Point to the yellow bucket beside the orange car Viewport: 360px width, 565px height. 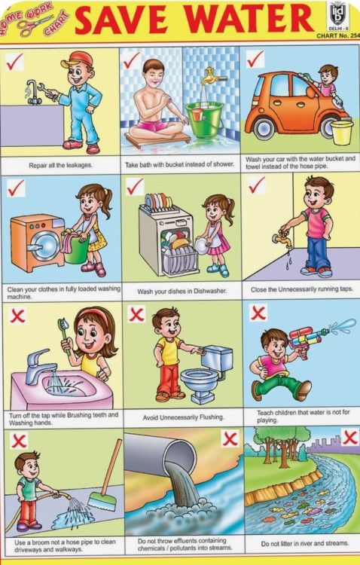[x=342, y=133]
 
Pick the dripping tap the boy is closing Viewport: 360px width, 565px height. [x=282, y=240]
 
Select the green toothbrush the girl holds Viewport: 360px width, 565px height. [x=64, y=336]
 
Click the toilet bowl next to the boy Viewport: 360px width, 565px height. [x=200, y=382]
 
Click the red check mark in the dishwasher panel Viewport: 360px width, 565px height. [x=134, y=187]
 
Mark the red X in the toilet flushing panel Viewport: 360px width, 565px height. [x=136, y=315]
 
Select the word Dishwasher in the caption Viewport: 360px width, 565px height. [x=210, y=291]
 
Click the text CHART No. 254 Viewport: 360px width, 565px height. [x=338, y=35]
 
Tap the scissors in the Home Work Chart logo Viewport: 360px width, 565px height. [x=33, y=26]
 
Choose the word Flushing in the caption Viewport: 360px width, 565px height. [x=210, y=417]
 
